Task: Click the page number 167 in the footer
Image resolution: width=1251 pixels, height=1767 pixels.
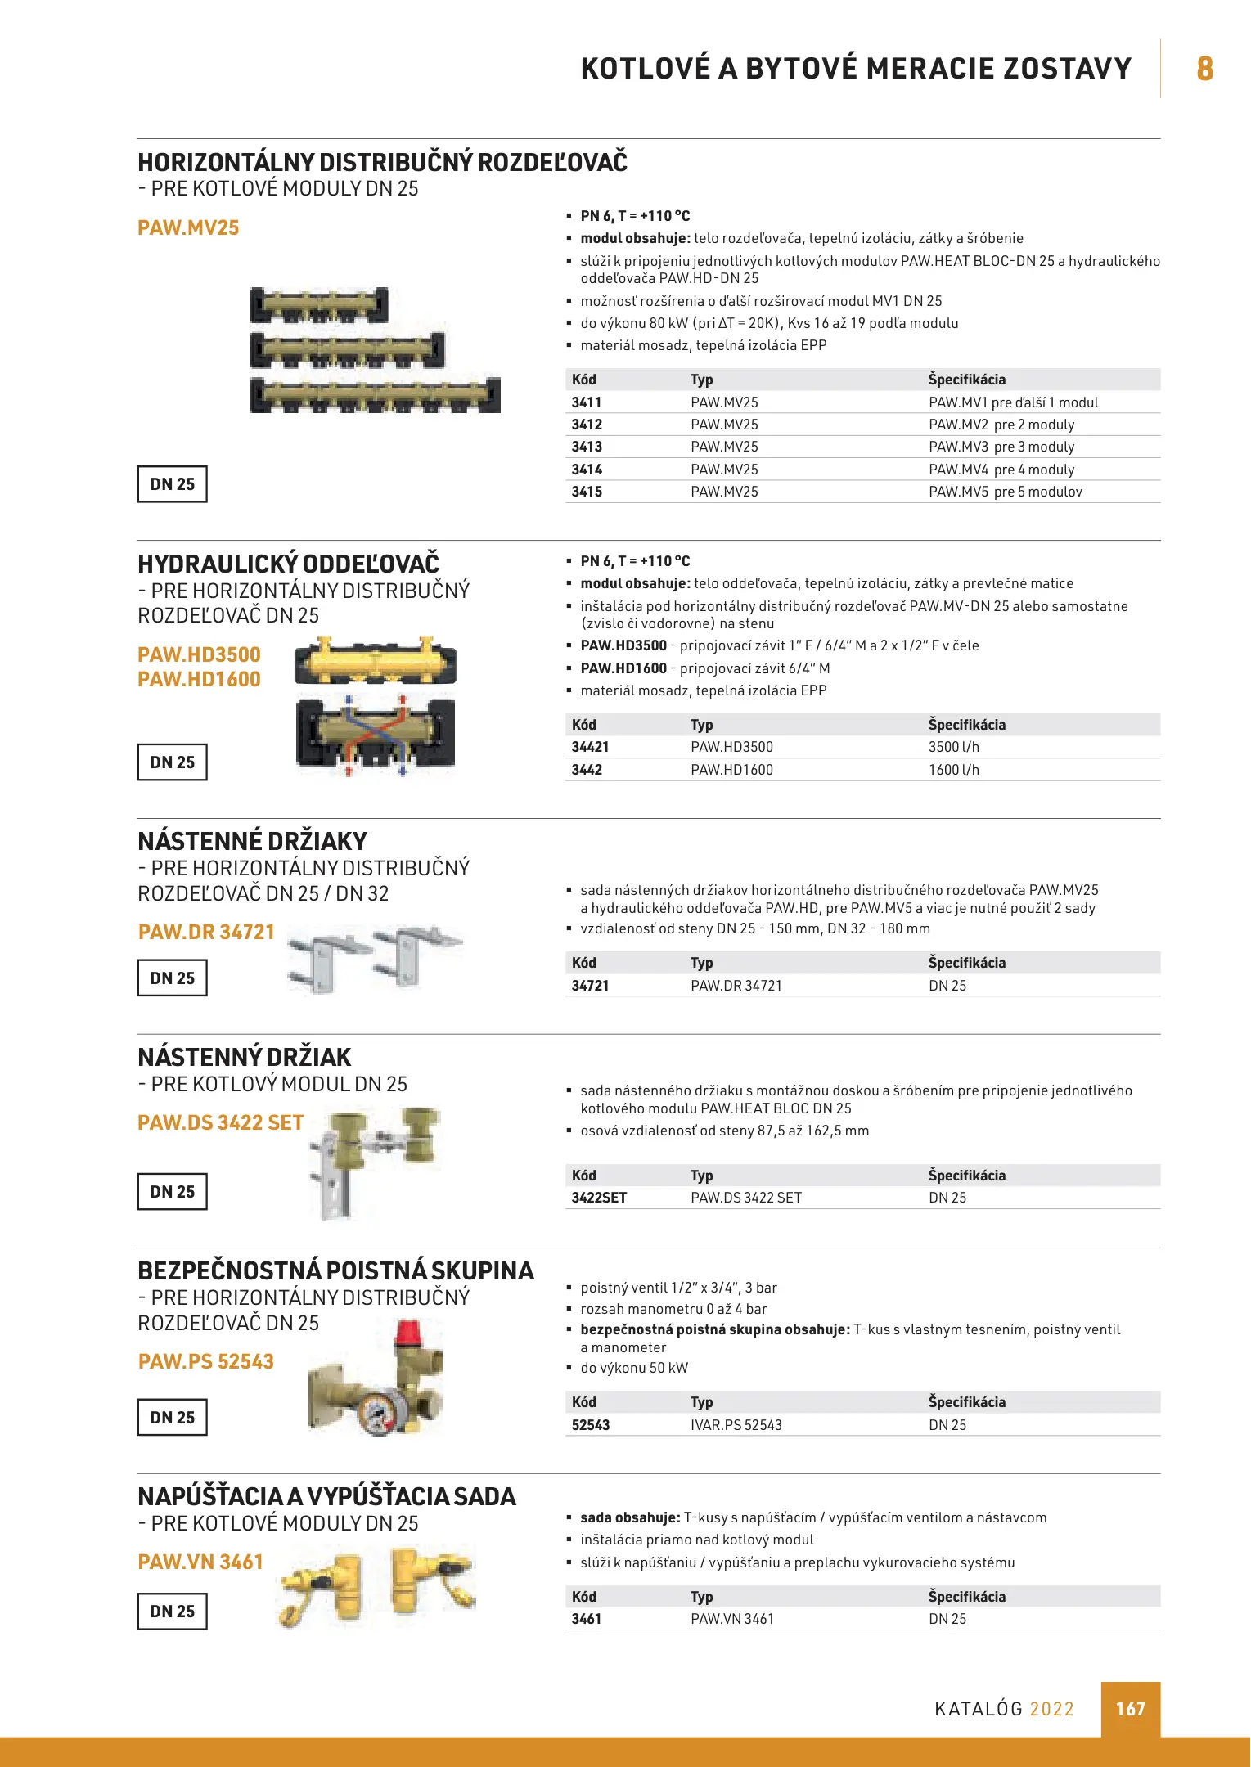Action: (1130, 1709)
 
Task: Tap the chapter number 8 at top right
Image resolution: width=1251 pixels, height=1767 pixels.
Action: (1204, 69)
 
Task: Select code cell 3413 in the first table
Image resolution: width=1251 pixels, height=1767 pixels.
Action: (587, 447)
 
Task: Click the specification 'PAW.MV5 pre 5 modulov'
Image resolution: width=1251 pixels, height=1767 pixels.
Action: (1005, 492)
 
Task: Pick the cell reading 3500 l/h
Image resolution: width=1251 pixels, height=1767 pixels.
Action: (953, 747)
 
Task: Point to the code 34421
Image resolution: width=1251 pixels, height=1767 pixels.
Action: (590, 747)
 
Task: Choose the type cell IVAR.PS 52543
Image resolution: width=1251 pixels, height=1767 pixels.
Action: (736, 1425)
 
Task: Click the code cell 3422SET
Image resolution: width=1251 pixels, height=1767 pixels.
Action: (599, 1198)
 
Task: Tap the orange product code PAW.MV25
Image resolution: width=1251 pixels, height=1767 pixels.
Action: (188, 227)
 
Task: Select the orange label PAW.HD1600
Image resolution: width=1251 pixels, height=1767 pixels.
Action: (199, 679)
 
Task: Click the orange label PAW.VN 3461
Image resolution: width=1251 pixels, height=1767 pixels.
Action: (200, 1562)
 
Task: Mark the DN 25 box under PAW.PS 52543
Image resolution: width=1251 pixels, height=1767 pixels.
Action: (172, 1418)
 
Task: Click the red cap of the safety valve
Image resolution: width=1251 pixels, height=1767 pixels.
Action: (407, 1333)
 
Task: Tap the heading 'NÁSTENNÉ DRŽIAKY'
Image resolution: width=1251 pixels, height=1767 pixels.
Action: (252, 841)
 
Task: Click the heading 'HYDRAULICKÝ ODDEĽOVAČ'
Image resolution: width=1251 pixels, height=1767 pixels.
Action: (288, 564)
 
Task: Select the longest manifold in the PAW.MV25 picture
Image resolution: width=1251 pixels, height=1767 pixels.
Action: (375, 396)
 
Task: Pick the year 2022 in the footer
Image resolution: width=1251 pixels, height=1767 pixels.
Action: (1051, 1709)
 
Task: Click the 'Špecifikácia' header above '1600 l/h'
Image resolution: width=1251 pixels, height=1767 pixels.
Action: (966, 725)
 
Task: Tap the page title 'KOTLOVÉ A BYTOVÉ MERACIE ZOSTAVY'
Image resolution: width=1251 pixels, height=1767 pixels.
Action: (856, 69)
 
